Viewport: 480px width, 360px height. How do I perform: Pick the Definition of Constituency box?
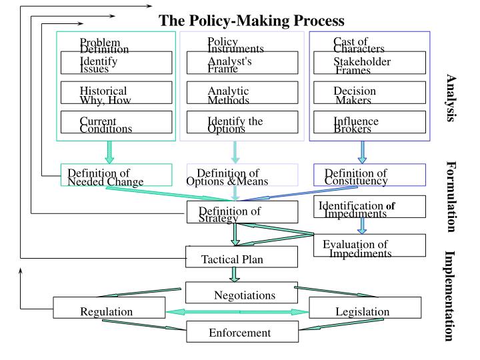pos(370,175)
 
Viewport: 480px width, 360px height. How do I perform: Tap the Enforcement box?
pos(241,331)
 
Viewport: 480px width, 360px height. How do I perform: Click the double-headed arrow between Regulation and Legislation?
pos(237,311)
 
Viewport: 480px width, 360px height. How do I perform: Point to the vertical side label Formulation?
pos(451,197)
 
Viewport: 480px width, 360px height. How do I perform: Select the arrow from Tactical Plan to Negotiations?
pos(235,274)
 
